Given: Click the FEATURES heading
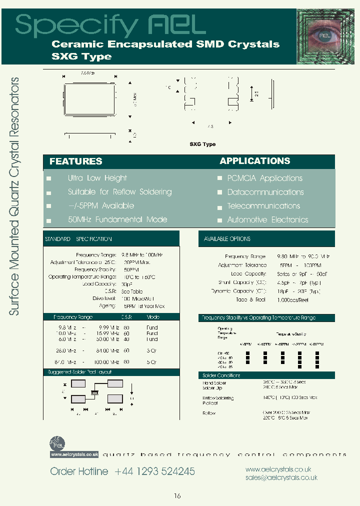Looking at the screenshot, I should [75, 161].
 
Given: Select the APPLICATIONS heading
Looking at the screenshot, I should [254, 161].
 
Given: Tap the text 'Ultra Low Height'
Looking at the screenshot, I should [97, 178].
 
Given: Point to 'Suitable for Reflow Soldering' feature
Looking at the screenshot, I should [119, 192].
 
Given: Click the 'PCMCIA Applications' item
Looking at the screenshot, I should [264, 178].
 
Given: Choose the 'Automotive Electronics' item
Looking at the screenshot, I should [267, 220].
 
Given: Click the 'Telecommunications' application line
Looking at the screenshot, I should [263, 206].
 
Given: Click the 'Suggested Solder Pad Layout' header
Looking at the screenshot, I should [79, 372].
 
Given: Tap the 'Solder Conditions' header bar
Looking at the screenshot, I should [221, 375].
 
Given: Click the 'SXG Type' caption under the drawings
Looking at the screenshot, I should [202, 144].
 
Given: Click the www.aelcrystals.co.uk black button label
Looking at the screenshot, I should [74, 454].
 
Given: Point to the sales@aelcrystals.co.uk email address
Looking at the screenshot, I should [281, 478].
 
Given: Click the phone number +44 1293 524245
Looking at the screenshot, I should [154, 471].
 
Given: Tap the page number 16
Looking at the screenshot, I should [177, 496].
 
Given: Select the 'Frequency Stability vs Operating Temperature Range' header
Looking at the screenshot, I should [258, 318].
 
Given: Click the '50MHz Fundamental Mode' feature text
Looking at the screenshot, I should [117, 219].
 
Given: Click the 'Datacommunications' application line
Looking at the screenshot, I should [265, 192].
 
